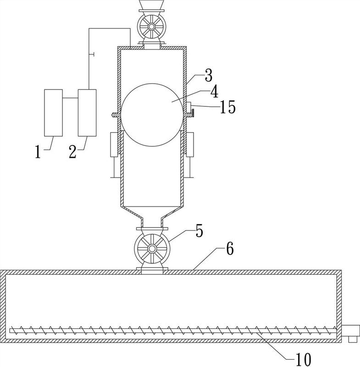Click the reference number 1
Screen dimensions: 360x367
point(38,151)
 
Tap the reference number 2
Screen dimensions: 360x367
point(72,151)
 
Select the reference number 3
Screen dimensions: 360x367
point(208,75)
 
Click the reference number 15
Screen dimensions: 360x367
point(227,107)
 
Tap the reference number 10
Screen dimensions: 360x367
point(304,359)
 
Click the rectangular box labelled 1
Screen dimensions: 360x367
point(53,112)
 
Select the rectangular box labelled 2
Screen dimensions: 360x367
point(87,112)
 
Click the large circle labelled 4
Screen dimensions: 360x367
point(152,115)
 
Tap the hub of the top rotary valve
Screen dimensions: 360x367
point(152,27)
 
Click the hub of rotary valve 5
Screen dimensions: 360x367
point(152,248)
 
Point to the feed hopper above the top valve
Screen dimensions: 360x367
point(152,5)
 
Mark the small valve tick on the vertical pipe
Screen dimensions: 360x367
point(92,55)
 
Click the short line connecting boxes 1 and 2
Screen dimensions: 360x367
point(70,98)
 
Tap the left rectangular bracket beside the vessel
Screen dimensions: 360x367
point(114,145)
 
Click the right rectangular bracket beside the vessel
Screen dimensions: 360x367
point(190,145)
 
